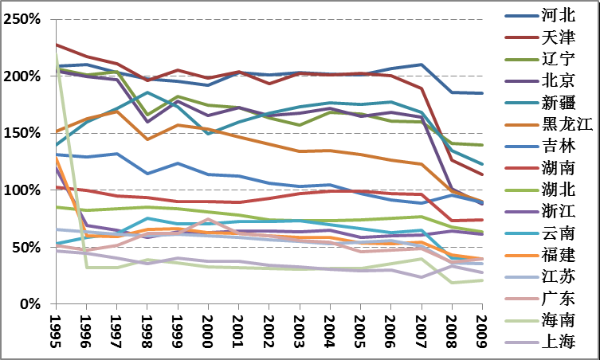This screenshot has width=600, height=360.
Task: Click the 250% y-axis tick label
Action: (x=22, y=19)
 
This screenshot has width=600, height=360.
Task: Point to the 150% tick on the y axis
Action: (x=22, y=133)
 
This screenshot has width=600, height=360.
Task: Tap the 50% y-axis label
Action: (x=27, y=248)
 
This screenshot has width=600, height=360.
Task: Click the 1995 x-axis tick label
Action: (x=55, y=330)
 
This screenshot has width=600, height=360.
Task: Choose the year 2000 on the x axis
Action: (x=207, y=330)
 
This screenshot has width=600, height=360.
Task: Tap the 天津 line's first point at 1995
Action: (x=56, y=45)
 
